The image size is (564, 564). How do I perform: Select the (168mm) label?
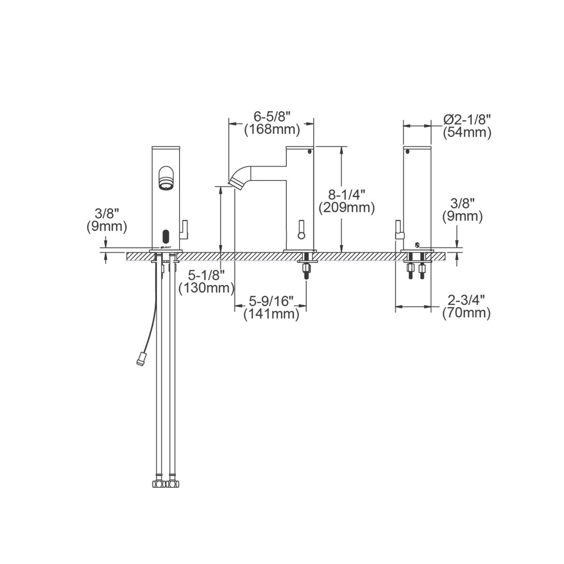coord(272,129)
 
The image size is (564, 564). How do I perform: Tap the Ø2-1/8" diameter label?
coord(467,119)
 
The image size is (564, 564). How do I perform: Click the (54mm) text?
coord(467,133)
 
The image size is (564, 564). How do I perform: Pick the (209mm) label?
coord(347,207)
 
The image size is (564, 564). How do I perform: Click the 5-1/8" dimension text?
coord(206,274)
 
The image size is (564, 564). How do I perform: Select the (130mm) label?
coord(206,288)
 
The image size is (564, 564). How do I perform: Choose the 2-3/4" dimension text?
coord(466,300)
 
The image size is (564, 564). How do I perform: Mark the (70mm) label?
coord(466,313)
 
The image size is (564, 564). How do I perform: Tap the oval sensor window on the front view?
coord(165,235)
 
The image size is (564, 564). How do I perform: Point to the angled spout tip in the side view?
coord(235,183)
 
